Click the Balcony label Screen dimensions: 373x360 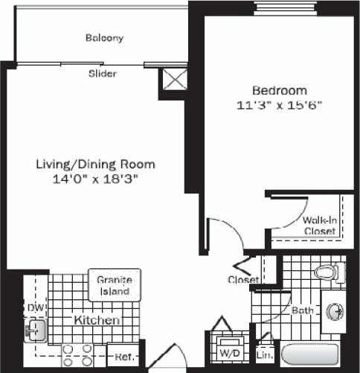(104, 38)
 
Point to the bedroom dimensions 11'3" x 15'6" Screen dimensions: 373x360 (278, 105)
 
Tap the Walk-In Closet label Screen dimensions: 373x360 (319, 225)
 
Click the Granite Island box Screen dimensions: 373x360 (115, 285)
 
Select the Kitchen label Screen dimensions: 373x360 (96, 320)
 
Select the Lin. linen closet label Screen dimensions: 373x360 (263, 356)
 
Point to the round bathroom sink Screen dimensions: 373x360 (334, 309)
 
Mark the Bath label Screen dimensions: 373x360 (301, 310)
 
